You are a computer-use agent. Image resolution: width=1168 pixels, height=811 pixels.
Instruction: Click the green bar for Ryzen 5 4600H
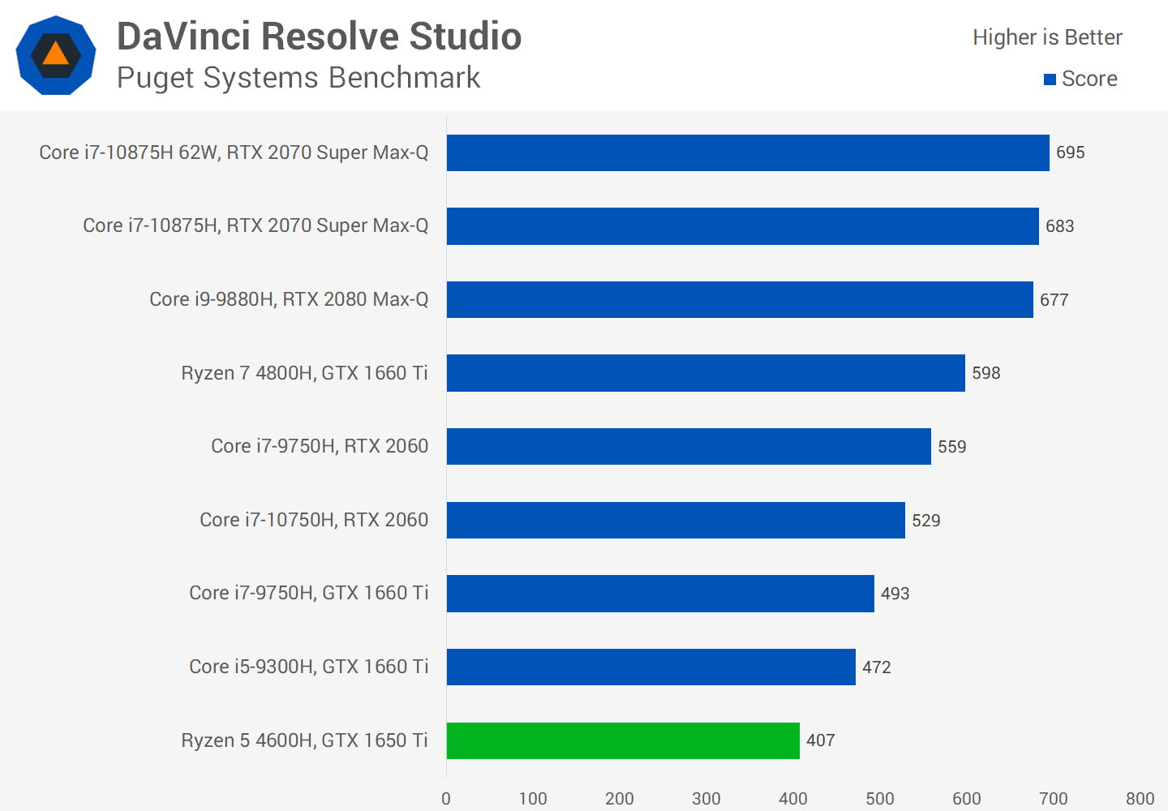[x=623, y=740]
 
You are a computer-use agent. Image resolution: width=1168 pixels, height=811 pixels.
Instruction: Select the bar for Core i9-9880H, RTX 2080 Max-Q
[x=740, y=299]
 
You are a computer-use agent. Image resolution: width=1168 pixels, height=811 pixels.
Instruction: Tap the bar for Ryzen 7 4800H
[x=706, y=373]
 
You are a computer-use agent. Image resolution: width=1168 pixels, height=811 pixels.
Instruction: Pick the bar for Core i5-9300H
[x=651, y=667]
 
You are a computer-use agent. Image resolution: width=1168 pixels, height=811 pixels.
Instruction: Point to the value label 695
[x=1070, y=152]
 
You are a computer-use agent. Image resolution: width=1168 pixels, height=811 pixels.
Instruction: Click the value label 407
[x=820, y=740]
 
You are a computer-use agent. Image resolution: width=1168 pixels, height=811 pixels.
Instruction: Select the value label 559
[x=951, y=447]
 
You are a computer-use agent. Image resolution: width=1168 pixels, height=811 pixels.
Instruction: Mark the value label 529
[x=925, y=521]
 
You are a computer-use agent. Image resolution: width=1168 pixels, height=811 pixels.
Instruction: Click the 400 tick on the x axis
[x=792, y=799]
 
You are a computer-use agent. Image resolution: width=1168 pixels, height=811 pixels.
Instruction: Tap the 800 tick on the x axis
[x=1140, y=799]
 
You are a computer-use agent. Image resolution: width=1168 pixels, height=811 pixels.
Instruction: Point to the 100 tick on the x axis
[x=533, y=799]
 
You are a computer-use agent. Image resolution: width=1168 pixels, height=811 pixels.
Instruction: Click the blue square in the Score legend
[x=1050, y=79]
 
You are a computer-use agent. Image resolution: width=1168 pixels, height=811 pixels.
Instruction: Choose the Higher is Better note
[x=1047, y=37]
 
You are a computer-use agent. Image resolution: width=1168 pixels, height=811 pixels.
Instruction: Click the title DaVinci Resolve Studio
[x=319, y=36]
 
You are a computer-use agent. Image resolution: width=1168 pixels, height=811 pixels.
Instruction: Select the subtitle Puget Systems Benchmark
[x=298, y=78]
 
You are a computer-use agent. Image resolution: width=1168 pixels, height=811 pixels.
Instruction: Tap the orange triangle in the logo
[x=55, y=54]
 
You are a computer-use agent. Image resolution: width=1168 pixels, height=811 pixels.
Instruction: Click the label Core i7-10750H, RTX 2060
[x=314, y=520]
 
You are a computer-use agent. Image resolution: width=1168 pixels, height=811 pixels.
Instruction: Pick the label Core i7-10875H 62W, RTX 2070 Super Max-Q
[x=234, y=152]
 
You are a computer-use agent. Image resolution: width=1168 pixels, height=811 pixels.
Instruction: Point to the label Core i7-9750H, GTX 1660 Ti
[x=308, y=593]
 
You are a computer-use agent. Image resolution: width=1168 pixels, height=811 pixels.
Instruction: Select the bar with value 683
[x=742, y=226]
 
